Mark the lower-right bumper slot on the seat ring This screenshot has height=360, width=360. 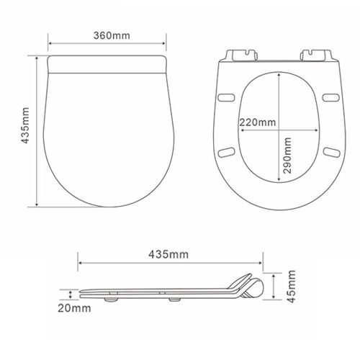pos(331,150)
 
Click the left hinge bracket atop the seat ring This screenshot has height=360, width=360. pos(243,55)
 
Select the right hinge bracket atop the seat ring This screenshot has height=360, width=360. pos(318,55)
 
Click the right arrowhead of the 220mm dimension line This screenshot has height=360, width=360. pos(320,130)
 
